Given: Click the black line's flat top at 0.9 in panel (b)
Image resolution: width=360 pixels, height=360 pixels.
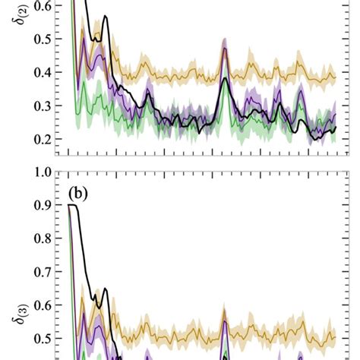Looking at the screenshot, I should [x=74, y=205].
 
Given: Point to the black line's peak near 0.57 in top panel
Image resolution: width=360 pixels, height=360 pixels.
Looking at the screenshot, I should [x=106, y=16].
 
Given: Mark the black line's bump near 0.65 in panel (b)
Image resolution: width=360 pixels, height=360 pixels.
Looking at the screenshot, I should [x=106, y=289].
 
